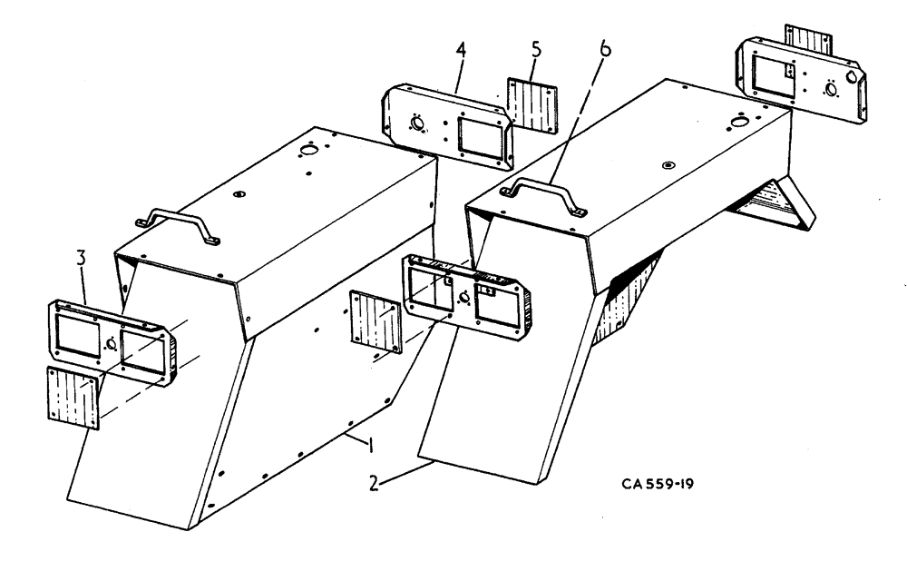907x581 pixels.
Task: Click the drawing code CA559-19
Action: pyautogui.click(x=658, y=480)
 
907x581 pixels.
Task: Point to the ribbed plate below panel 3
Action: pyautogui.click(x=71, y=397)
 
